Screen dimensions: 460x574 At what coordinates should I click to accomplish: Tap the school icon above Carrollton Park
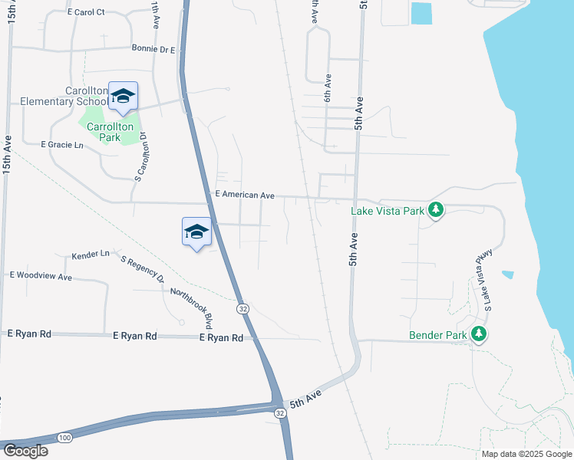123,97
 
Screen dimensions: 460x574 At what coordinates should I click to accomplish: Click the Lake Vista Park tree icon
436,210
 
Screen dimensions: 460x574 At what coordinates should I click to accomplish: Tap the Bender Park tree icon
479,334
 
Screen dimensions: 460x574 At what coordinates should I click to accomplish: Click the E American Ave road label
245,195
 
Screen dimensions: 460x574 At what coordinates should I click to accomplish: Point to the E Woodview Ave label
41,275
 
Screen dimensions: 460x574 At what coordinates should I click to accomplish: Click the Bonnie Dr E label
153,50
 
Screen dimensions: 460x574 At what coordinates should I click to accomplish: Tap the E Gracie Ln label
61,144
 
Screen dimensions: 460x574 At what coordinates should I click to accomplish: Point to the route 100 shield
64,437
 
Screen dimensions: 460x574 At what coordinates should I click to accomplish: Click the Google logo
25,451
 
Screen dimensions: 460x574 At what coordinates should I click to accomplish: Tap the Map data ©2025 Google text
526,454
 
